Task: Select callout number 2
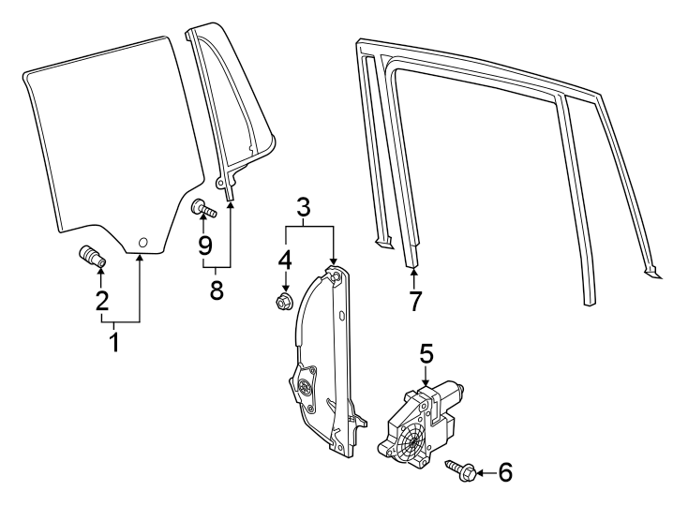click(x=101, y=301)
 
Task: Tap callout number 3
click(x=303, y=208)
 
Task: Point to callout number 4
click(x=285, y=258)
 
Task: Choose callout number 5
click(x=426, y=354)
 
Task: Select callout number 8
click(x=217, y=290)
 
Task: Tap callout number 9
click(x=204, y=246)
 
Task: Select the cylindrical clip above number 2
click(x=92, y=254)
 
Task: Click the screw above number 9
click(x=203, y=208)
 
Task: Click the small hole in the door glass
click(x=142, y=244)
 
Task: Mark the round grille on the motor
click(x=410, y=442)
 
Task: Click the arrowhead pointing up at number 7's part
click(x=414, y=272)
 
